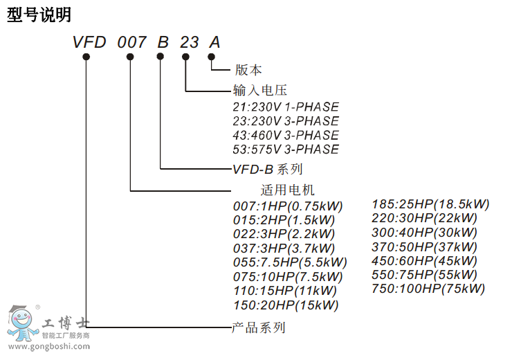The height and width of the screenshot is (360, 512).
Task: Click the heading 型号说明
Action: click(39, 15)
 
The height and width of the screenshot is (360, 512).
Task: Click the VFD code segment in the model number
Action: click(89, 42)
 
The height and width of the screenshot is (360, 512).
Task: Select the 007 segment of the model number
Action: click(131, 42)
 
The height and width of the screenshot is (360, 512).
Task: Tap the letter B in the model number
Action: click(163, 42)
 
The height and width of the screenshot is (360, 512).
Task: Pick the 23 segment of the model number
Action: click(189, 42)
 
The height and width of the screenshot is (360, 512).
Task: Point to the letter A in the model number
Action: click(214, 42)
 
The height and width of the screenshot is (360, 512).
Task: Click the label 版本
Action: click(248, 70)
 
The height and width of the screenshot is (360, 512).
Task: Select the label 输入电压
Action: click(259, 90)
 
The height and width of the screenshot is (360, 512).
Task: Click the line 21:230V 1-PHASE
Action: click(286, 107)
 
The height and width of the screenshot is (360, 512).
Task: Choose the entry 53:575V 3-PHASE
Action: click(286, 149)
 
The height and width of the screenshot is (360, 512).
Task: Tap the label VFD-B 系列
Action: click(267, 168)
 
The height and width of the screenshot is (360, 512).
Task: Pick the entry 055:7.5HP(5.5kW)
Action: click(290, 262)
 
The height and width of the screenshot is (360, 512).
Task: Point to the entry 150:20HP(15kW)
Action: click(286, 305)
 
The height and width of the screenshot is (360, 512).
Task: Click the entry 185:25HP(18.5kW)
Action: click(430, 204)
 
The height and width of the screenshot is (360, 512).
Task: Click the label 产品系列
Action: click(258, 327)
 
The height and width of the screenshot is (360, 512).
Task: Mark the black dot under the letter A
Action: click(211, 57)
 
